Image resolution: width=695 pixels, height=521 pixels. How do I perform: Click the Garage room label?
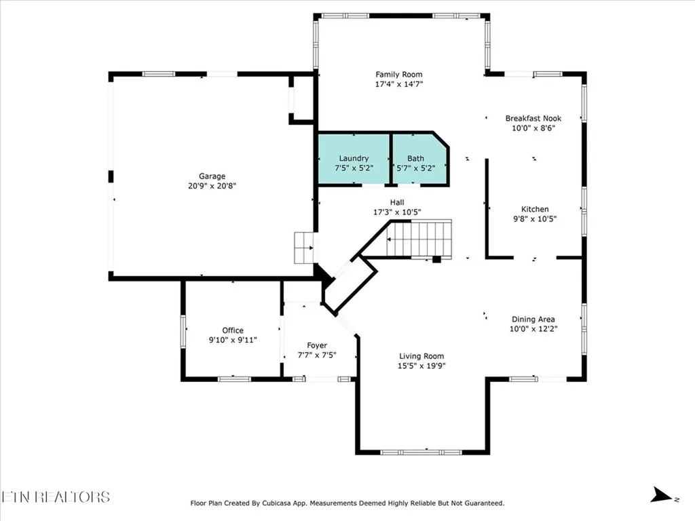point(212,176)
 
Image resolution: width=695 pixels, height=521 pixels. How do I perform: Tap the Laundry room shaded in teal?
point(354,159)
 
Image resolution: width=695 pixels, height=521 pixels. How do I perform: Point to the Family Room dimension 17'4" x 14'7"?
point(399,84)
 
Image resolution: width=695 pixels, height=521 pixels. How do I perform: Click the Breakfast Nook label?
point(533,118)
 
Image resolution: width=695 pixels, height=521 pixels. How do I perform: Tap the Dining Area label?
point(533,319)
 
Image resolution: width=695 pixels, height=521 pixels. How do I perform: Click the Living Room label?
point(421,356)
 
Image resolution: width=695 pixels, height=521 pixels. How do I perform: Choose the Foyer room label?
point(316,345)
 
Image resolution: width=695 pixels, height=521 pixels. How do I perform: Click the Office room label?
point(232,330)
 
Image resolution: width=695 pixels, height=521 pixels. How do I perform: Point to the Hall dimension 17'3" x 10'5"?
point(396,212)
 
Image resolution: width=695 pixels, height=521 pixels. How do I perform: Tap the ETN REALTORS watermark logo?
point(55,497)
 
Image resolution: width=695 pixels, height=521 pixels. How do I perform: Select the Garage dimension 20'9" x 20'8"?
point(212,186)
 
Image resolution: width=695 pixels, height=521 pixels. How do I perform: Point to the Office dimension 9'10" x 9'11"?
point(232,340)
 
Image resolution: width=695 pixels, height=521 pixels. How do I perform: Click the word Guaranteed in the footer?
point(481,503)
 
